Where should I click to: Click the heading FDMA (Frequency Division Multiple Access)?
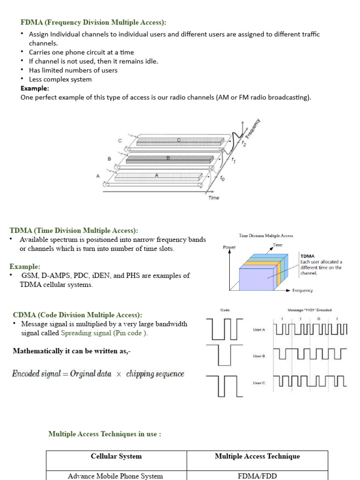point(93,22)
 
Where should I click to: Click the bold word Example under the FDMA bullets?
point(35,88)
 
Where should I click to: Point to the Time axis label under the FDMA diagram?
point(214,198)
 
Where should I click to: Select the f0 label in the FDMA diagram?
point(222,178)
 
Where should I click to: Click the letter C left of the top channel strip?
point(120,141)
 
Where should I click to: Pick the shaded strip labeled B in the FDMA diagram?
point(168,159)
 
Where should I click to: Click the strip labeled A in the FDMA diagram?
point(157,176)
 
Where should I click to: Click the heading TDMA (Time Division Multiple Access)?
point(74,231)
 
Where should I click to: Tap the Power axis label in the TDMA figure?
point(229,247)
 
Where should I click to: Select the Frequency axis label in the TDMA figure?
point(302,291)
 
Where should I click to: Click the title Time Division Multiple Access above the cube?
point(266,236)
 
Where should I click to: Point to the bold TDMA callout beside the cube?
point(307,256)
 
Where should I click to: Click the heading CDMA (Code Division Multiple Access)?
point(77,315)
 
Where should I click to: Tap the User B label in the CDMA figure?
point(259,356)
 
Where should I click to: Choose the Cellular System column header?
point(116,456)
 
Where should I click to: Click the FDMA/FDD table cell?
point(257,476)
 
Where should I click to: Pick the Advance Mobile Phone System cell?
point(115,476)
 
